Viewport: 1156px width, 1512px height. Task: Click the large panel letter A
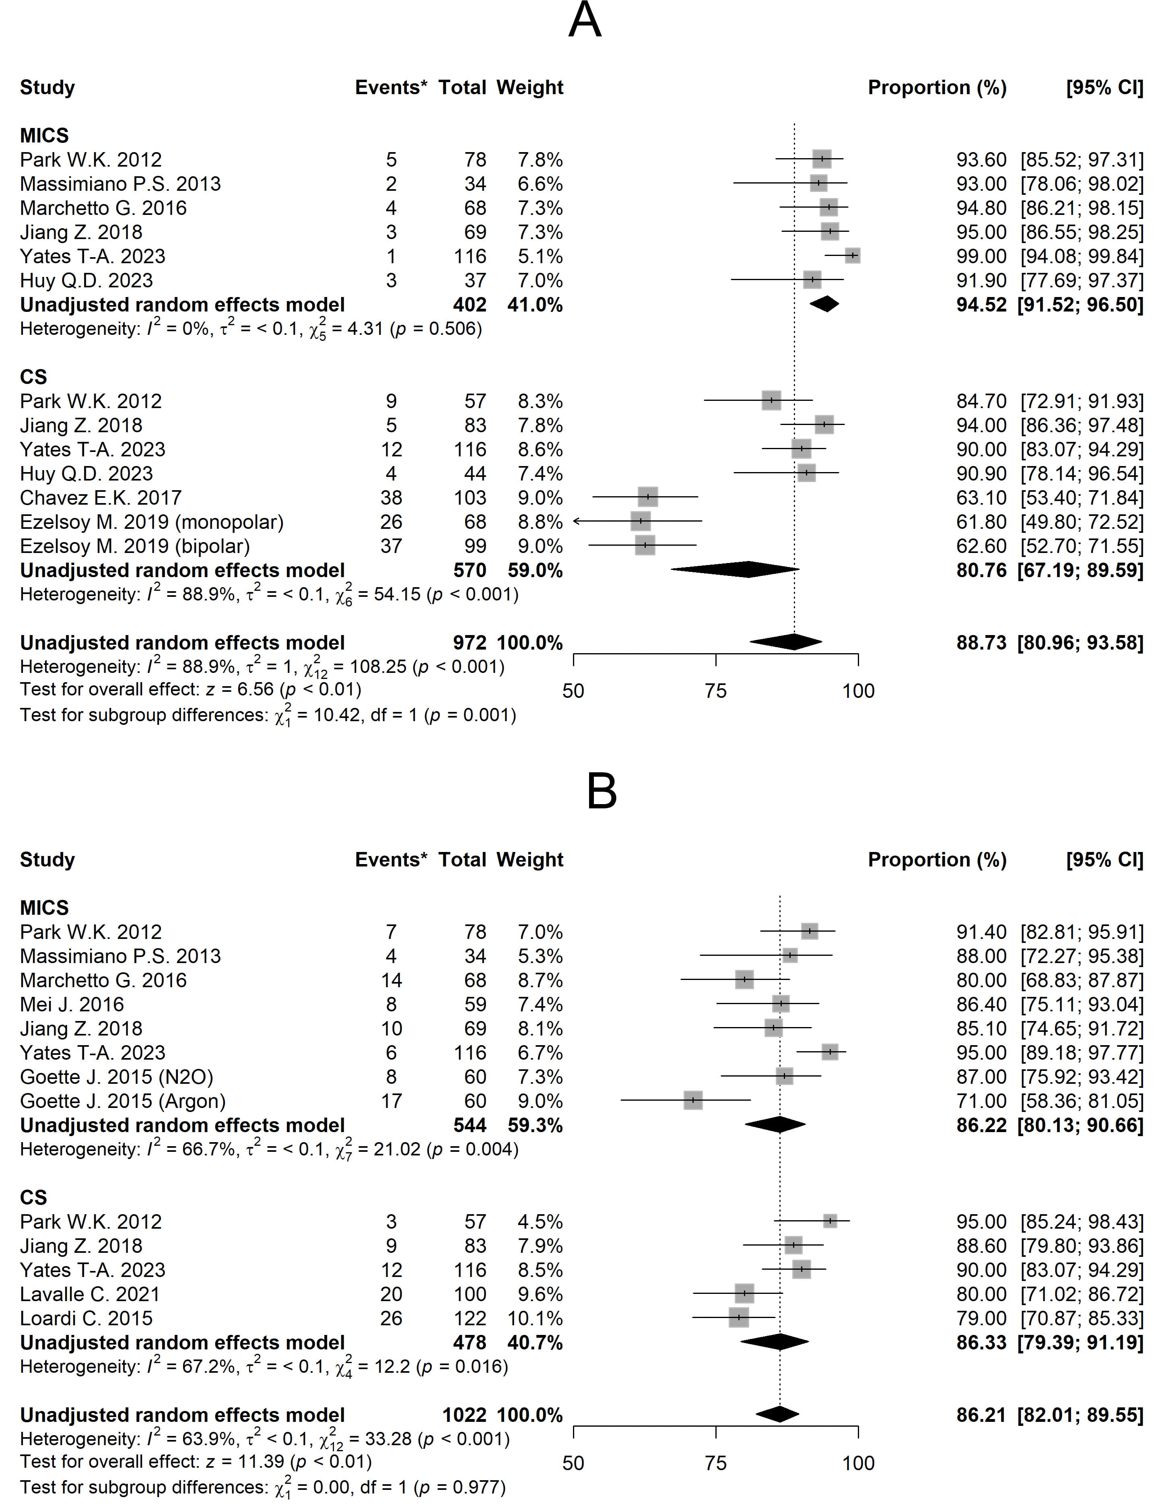click(585, 20)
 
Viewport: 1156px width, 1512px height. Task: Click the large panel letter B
click(602, 792)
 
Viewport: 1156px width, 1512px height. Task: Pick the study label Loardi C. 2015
click(86, 1318)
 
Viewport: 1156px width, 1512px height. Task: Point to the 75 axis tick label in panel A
click(716, 690)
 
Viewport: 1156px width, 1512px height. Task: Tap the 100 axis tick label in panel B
click(858, 1462)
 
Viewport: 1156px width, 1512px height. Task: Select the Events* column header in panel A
click(390, 87)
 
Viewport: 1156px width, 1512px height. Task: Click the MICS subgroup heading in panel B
click(44, 908)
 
